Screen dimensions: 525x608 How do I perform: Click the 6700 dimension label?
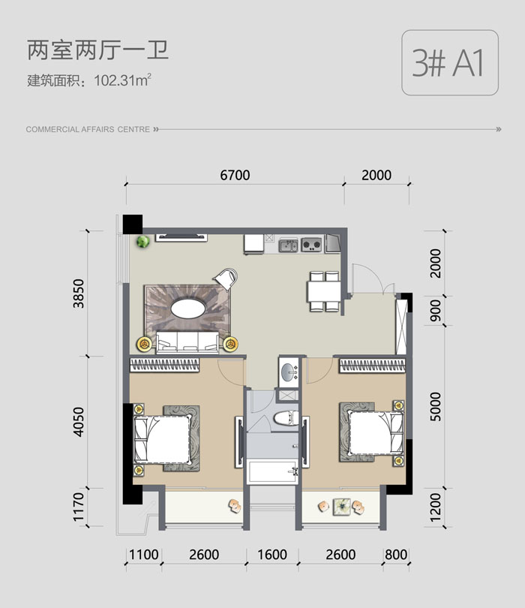coord(235,175)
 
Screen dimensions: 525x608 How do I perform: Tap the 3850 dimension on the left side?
coord(79,293)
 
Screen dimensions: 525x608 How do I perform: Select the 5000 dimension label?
coord(436,406)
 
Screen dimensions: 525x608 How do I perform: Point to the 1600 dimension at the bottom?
coord(272,555)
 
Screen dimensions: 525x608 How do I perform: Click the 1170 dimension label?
coord(79,507)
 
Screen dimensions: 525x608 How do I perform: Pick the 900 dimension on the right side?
coord(436,310)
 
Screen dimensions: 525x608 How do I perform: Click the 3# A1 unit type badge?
coord(449,63)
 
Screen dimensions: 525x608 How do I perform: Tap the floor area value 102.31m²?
coord(122,80)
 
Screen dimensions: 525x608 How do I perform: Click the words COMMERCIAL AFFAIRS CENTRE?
coord(88,130)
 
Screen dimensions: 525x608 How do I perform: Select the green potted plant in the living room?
coord(143,242)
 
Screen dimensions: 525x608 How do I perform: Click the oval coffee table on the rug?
coord(188,309)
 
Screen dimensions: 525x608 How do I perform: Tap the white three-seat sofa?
coord(187,342)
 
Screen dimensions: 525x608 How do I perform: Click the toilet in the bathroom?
coord(286,419)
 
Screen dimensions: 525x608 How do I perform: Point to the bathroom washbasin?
coord(288,372)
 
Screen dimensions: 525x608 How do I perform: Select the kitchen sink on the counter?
coord(288,245)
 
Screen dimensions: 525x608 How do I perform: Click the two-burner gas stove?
coord(311,245)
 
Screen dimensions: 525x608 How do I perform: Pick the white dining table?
coord(324,291)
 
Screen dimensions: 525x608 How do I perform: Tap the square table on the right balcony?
coord(341,507)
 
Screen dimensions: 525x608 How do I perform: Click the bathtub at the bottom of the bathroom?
coord(272,471)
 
